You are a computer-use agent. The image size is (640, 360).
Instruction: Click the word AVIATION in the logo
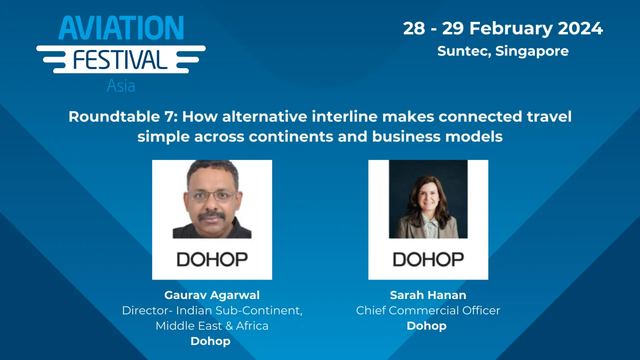click(121, 28)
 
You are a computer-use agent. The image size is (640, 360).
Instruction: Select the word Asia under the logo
click(121, 86)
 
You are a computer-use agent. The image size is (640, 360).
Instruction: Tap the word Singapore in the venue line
click(532, 51)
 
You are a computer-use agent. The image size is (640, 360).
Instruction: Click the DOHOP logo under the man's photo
click(212, 259)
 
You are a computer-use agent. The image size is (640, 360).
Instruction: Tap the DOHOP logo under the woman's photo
click(428, 259)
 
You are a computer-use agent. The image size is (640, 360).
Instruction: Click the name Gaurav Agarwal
click(212, 295)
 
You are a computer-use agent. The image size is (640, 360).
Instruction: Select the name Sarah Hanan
click(428, 295)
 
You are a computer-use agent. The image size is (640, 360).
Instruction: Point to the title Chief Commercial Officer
click(428, 310)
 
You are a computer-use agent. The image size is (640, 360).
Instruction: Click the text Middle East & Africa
click(212, 326)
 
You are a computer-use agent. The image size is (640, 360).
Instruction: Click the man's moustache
click(212, 215)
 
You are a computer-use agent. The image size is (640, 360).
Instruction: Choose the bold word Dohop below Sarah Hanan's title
click(426, 326)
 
